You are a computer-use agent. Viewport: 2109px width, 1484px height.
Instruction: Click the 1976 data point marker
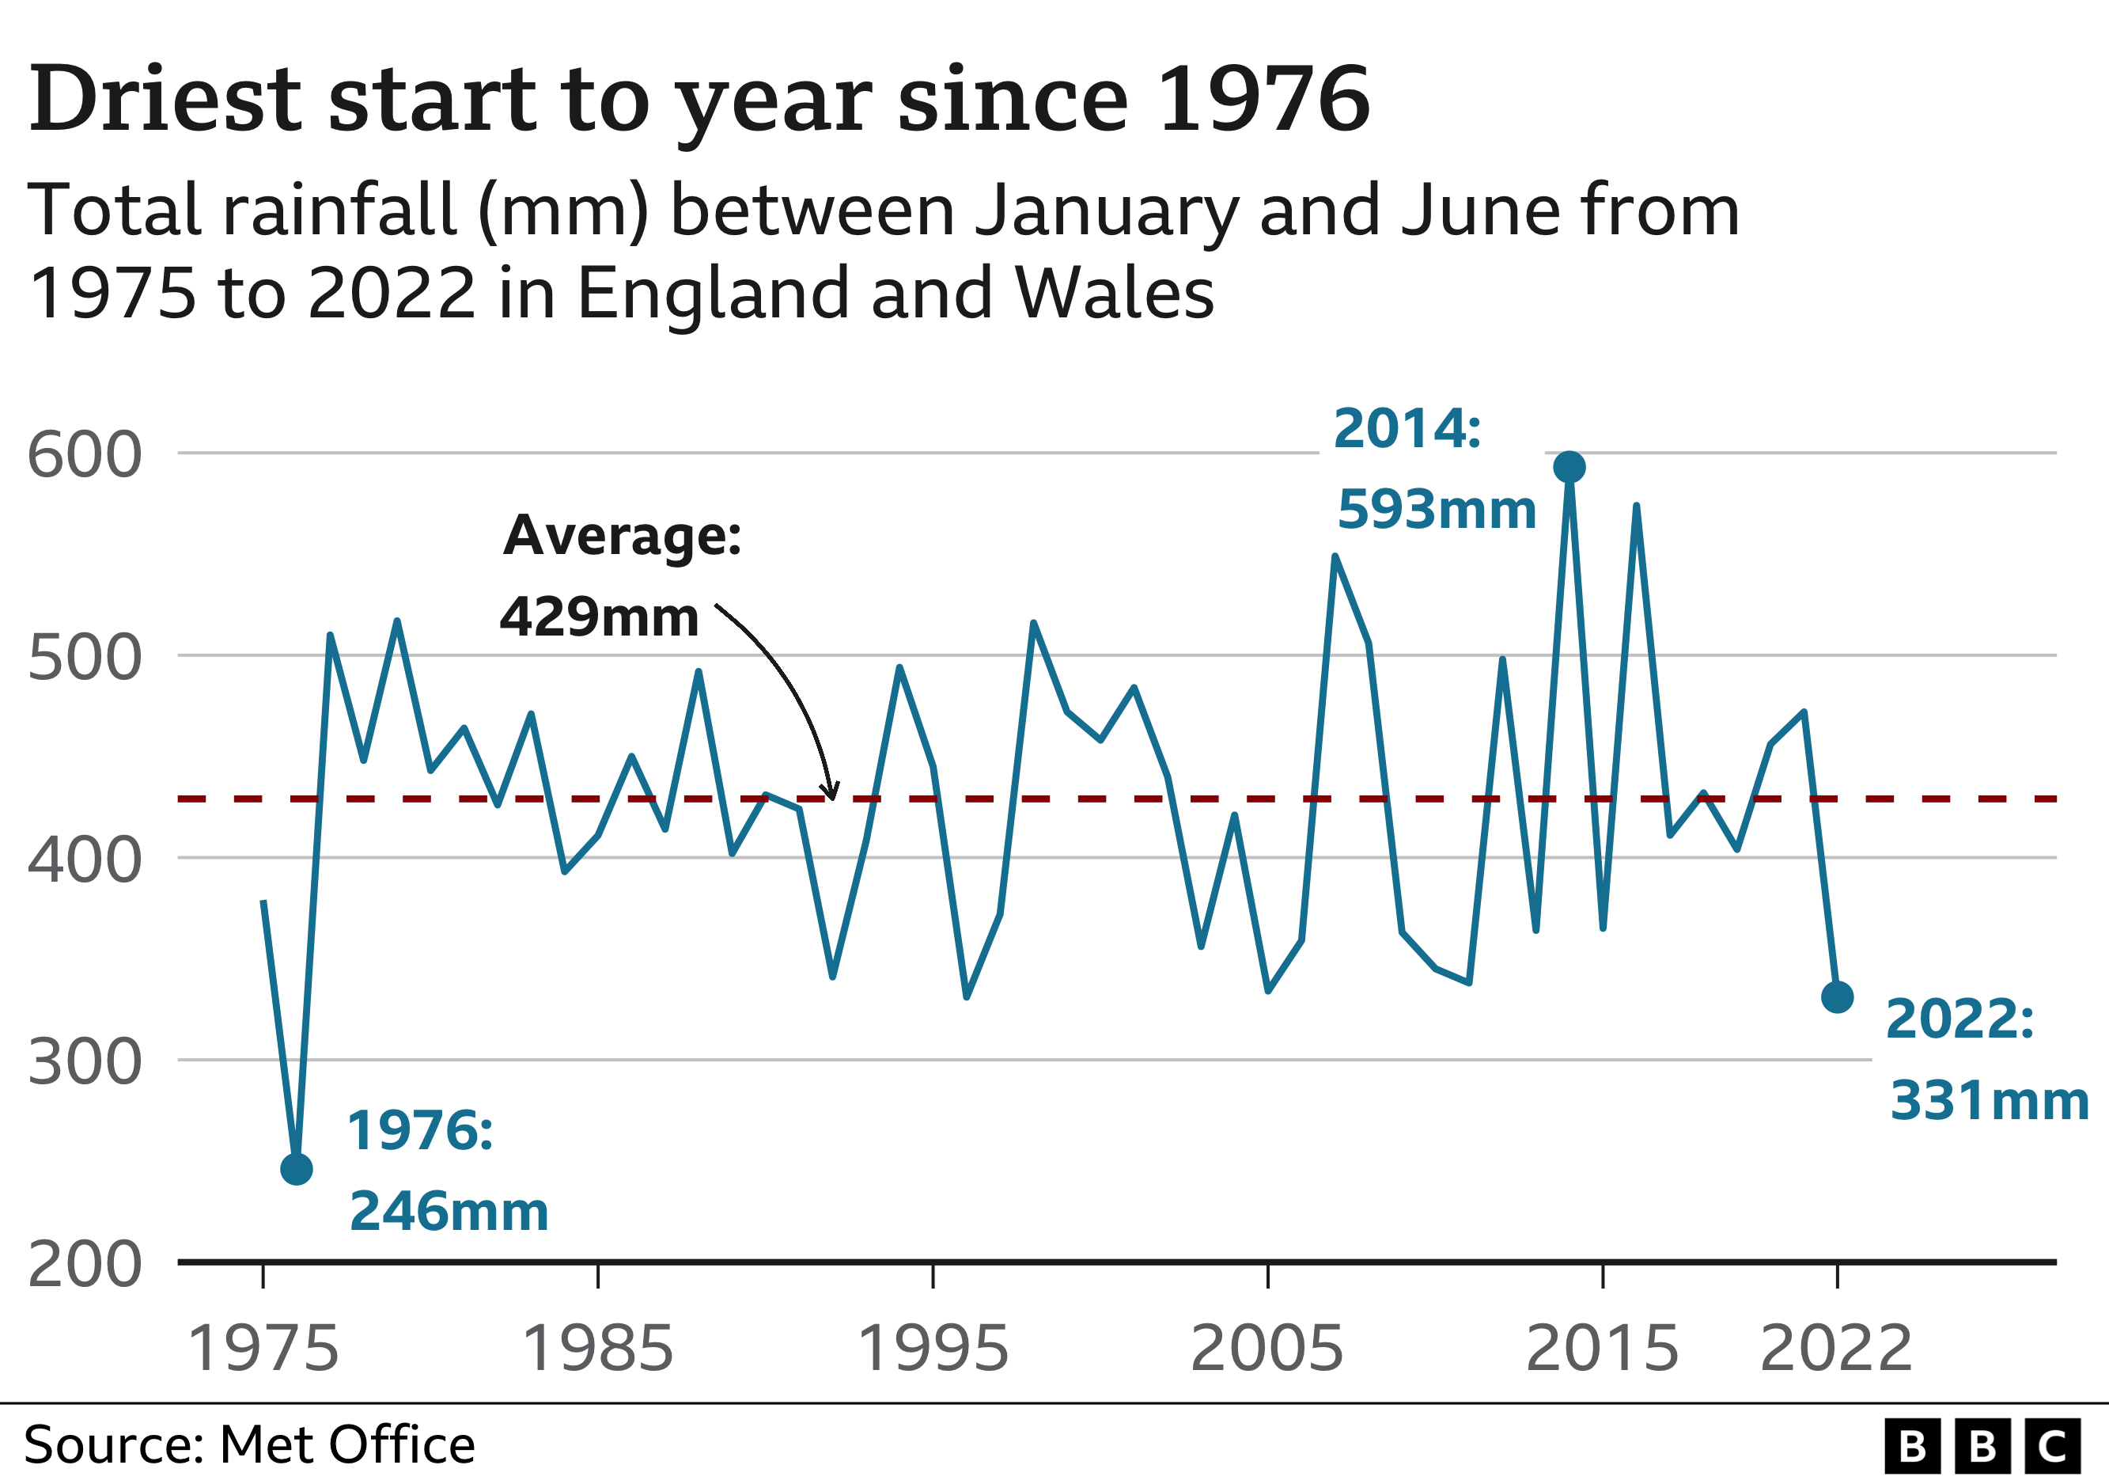point(297,1170)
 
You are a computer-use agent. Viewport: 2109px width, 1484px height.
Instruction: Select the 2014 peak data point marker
point(1569,467)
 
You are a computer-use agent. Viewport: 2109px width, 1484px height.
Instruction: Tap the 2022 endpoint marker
point(1837,997)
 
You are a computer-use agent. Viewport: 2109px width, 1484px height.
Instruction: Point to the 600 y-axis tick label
point(85,455)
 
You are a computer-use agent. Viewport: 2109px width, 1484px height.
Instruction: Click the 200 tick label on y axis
point(85,1266)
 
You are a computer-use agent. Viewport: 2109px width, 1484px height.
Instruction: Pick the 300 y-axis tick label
point(85,1063)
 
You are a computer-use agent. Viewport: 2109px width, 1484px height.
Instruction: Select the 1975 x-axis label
point(263,1348)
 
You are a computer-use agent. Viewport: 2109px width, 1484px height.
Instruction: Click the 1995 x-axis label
point(933,1348)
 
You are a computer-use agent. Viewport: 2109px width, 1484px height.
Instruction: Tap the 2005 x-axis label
point(1267,1348)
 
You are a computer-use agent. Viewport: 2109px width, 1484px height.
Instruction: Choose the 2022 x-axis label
point(1836,1348)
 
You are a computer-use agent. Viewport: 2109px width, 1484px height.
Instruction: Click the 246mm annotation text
point(449,1211)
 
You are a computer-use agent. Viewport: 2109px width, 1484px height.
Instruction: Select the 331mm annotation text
point(1990,1101)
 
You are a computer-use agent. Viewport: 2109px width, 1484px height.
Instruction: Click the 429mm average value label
point(599,617)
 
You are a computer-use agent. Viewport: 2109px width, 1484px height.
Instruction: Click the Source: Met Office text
point(249,1444)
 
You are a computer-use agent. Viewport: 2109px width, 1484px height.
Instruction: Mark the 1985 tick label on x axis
point(597,1348)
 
